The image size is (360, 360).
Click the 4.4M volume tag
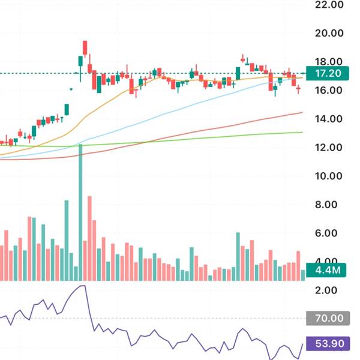click(x=325, y=270)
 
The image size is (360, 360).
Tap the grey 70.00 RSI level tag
click(x=324, y=318)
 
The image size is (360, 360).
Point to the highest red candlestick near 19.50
click(x=85, y=47)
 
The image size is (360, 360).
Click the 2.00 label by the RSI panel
click(x=328, y=290)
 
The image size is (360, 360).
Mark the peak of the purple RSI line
click(x=82, y=286)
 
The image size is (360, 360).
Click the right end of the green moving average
click(x=301, y=133)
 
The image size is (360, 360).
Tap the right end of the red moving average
click(x=301, y=112)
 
